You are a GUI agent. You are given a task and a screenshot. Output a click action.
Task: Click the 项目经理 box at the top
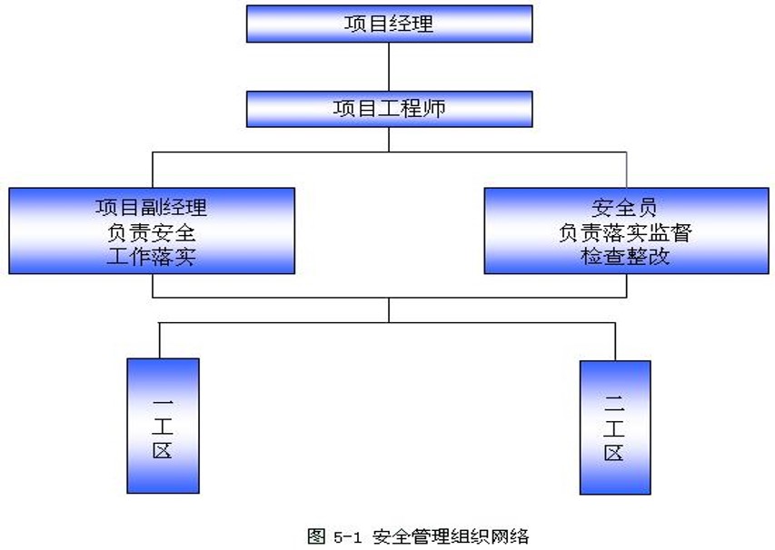point(390,24)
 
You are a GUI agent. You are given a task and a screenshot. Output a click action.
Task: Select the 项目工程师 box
point(390,109)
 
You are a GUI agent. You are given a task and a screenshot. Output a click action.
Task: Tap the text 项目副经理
point(151,207)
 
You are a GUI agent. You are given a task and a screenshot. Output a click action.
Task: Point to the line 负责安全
point(151,232)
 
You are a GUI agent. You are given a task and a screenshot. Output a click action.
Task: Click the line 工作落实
point(151,257)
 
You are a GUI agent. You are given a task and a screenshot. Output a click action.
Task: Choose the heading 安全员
point(624,207)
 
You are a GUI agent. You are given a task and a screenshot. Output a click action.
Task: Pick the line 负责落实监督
point(625,232)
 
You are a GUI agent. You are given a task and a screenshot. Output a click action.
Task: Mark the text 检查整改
point(625,257)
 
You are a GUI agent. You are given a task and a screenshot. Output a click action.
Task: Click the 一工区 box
point(164,426)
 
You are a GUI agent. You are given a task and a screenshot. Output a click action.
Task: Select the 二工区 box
point(615,427)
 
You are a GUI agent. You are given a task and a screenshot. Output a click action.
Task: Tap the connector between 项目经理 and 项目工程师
point(389,66)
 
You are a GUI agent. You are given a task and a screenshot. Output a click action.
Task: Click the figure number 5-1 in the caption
point(347,536)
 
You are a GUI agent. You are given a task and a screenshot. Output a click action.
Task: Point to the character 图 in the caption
point(316,536)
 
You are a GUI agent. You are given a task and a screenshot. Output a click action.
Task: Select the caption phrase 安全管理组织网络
point(451,536)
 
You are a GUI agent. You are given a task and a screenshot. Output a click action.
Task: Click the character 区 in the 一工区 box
point(163,450)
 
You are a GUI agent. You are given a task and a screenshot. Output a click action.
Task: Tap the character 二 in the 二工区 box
point(614,403)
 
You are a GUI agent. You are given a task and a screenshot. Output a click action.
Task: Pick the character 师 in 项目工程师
point(434,109)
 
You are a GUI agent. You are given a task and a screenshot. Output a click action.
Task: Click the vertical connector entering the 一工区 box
point(159,340)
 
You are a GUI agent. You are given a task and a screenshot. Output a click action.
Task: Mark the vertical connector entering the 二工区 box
point(615,341)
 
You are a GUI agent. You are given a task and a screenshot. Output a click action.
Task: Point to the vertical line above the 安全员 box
point(626,170)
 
